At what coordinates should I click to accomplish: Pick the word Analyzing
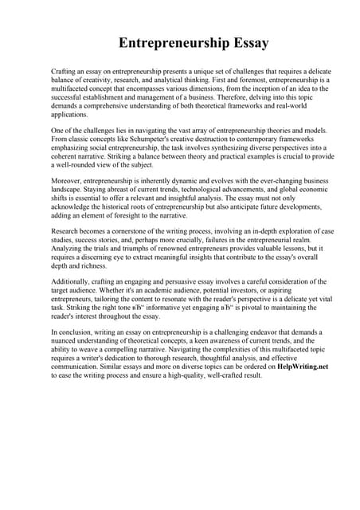tap(70, 248)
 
